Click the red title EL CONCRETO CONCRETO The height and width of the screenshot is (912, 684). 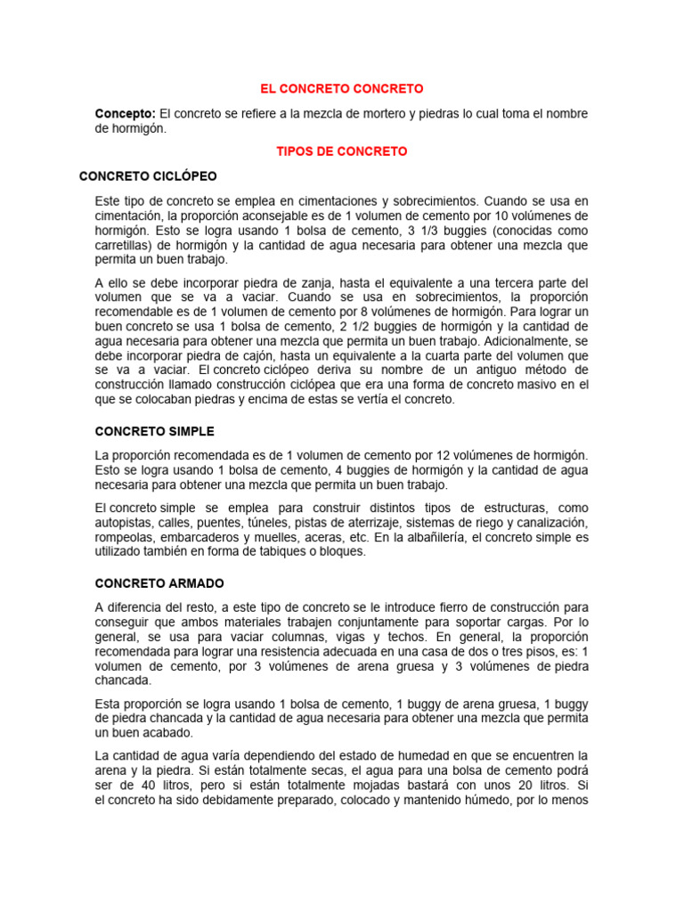pyautogui.click(x=341, y=89)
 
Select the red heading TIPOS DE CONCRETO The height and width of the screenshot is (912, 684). pyautogui.click(x=341, y=151)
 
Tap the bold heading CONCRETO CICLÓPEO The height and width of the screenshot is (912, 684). pyautogui.click(x=148, y=176)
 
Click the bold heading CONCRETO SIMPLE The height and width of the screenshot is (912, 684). pyautogui.click(x=155, y=431)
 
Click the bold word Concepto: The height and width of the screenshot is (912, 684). pyautogui.click(x=126, y=114)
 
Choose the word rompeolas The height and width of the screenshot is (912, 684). pyautogui.click(x=125, y=537)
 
